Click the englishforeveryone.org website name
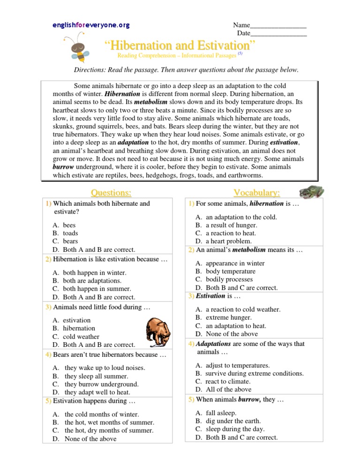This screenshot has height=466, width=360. click(91, 25)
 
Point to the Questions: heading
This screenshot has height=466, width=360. click(111, 193)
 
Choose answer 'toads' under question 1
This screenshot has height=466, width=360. click(70, 233)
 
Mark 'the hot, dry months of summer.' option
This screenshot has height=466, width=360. click(109, 431)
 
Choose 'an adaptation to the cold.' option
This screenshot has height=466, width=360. click(241, 217)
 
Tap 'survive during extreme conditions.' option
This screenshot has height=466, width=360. click(255, 374)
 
